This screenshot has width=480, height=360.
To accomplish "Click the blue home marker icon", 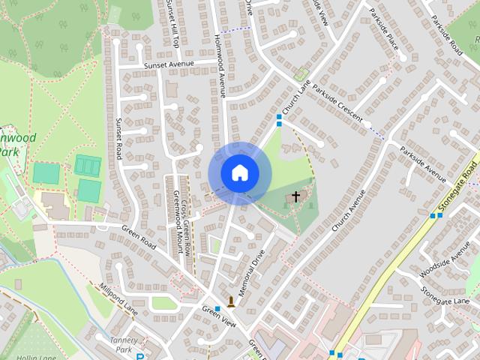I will tap(239, 172).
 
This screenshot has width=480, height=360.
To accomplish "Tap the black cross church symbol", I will tap(295, 197).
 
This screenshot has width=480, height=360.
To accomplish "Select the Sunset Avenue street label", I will tap(169, 64).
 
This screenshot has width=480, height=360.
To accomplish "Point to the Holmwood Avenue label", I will tap(220, 56).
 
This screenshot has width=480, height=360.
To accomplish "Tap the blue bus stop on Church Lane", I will tap(279, 118).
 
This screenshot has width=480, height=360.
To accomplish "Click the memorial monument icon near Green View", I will tap(231, 302).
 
